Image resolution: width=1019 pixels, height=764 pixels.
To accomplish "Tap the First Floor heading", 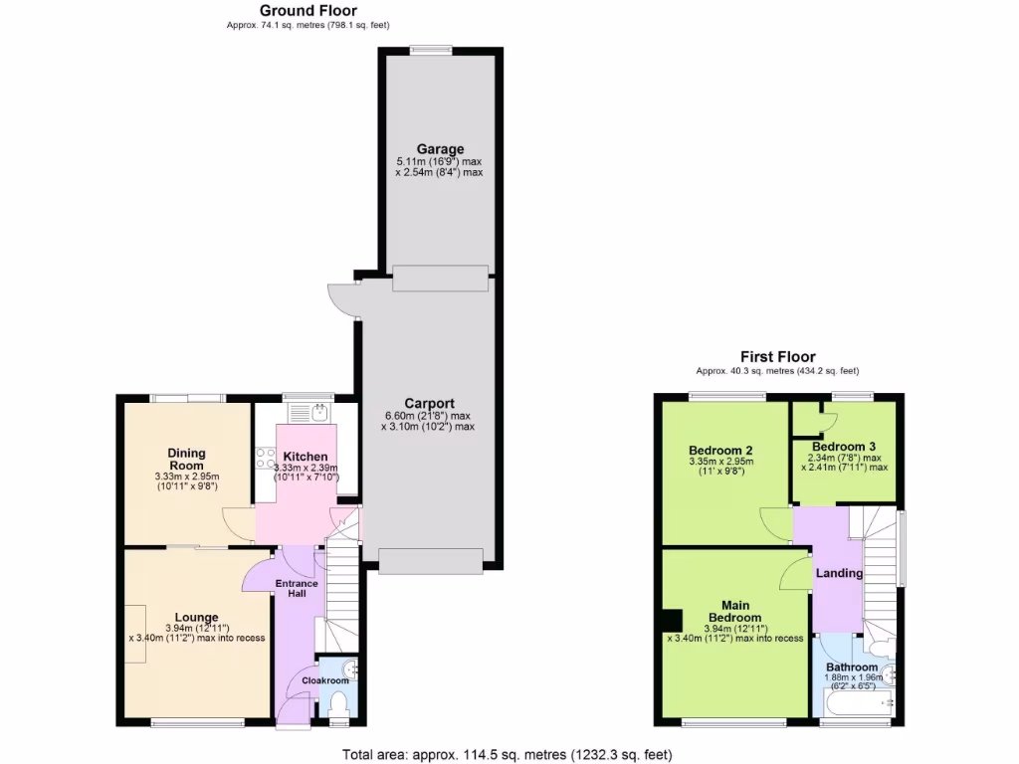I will coord(777,356).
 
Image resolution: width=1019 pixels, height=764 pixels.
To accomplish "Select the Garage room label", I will coord(440,149).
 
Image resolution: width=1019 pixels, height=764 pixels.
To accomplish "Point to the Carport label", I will coord(428,403).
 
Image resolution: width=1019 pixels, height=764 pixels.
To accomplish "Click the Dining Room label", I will coord(186,459).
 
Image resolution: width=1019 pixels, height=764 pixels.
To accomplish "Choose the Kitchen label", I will coord(306,457).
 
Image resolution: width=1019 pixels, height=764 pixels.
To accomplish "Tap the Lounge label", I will coord(196,617).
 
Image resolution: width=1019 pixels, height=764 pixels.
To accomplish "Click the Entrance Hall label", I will coord(297,588).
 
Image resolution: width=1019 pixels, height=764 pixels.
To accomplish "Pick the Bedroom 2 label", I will coord(720,450).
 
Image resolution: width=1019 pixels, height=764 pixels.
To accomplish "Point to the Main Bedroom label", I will coord(735,611).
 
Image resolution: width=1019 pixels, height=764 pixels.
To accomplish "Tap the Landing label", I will coord(839,573).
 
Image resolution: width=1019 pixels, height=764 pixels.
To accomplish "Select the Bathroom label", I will coord(850,667).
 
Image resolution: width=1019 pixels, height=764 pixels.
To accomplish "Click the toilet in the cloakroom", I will coord(337,704).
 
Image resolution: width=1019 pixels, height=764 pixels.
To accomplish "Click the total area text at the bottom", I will coord(513,753).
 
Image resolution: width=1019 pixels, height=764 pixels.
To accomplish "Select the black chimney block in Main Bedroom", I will coord(674,620).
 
